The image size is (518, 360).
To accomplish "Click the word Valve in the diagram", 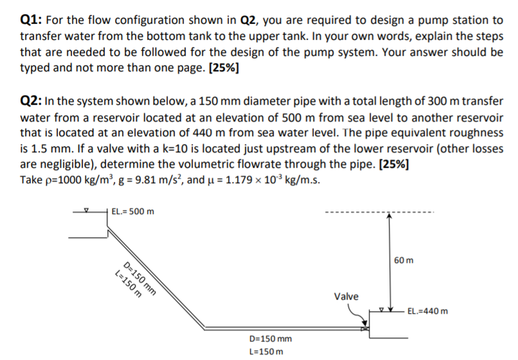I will tap(346, 296).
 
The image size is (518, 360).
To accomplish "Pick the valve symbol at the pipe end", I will tap(367, 328).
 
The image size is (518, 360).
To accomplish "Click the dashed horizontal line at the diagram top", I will tap(379, 212).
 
